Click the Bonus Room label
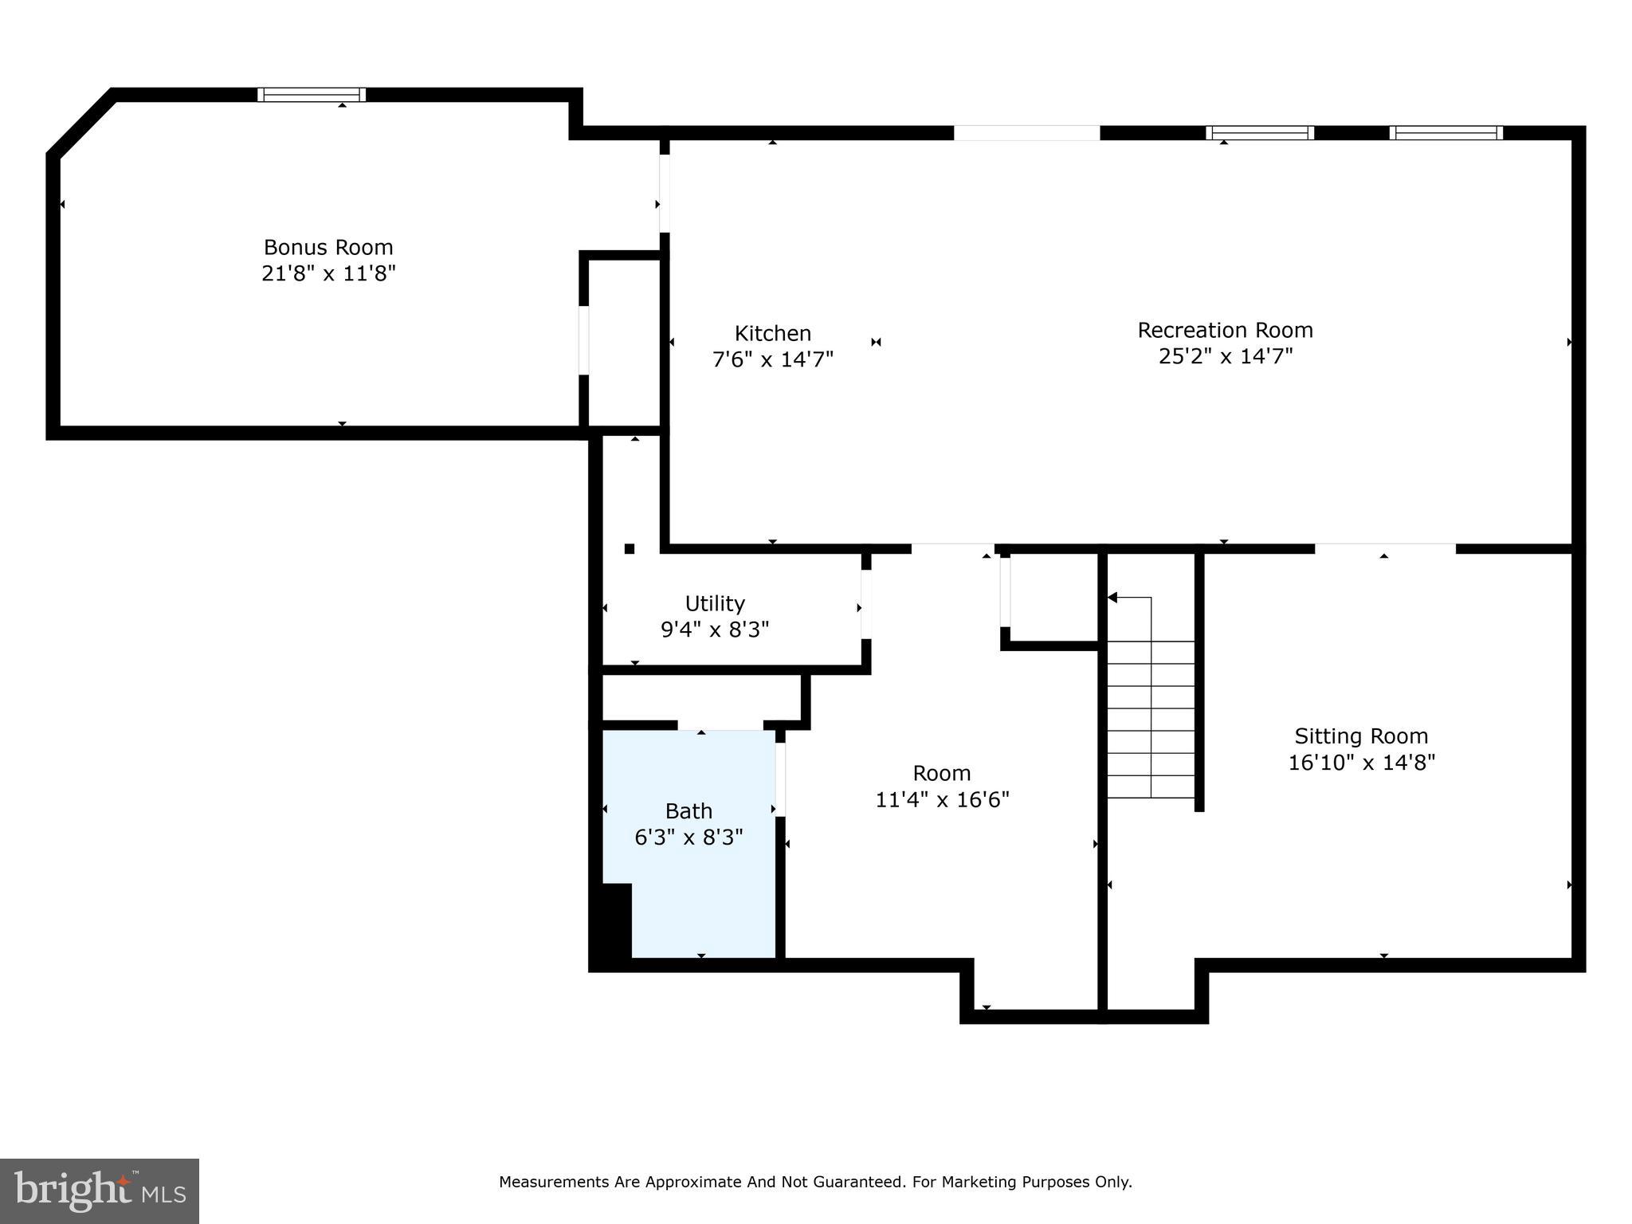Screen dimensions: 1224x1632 328,247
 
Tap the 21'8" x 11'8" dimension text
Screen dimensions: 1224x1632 328,273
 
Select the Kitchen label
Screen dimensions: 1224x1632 772,333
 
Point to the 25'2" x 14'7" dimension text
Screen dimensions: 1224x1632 1225,356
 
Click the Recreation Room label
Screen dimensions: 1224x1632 1225,330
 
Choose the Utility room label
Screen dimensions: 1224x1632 715,603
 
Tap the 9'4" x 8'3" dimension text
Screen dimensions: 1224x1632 715,630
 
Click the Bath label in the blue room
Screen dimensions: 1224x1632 688,811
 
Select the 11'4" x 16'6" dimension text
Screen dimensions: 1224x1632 942,799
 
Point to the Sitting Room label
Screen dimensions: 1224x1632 1361,736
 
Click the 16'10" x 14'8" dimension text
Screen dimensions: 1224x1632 1361,763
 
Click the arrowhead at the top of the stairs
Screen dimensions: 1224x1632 1112,598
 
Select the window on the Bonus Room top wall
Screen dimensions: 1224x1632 312,95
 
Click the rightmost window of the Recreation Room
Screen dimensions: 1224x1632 1446,133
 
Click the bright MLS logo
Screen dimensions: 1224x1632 100,1191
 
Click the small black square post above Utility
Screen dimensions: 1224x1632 630,548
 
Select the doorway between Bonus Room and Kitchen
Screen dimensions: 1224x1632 664,194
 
